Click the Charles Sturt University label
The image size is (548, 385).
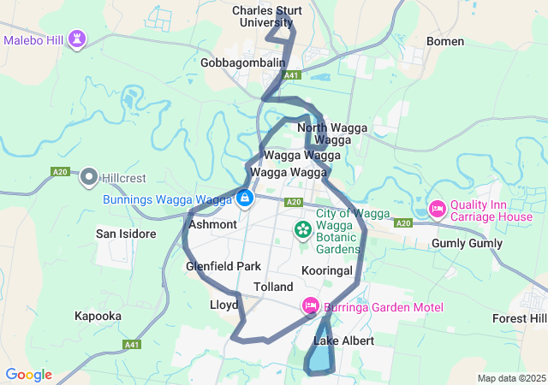click(267, 16)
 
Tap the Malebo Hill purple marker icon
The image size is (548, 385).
click(78, 39)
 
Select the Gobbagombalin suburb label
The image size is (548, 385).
click(242, 62)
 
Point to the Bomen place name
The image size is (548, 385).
click(445, 41)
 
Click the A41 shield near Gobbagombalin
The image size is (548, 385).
click(292, 75)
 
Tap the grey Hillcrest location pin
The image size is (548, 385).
click(89, 178)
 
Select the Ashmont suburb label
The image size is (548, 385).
click(212, 224)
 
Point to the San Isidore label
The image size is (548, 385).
click(125, 234)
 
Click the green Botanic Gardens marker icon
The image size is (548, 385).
click(302, 228)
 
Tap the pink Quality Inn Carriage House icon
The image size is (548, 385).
click(437, 209)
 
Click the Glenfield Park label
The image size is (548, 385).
click(223, 267)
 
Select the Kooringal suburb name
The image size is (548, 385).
click(327, 270)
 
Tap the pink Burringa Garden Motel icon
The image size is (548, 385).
click(311, 305)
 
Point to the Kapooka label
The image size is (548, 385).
click(98, 316)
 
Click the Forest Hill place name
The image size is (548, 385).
click(519, 318)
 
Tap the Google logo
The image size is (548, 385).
click(28, 375)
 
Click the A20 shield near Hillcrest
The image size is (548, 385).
click(60, 172)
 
